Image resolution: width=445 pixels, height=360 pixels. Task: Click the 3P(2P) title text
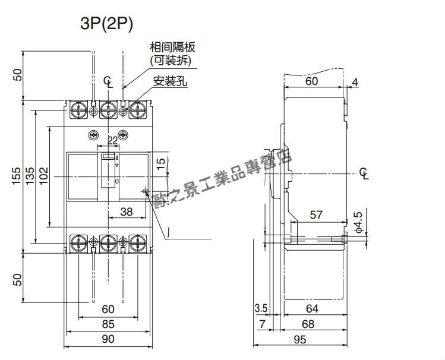point(106,24)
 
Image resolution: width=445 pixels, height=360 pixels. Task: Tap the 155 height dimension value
point(17,176)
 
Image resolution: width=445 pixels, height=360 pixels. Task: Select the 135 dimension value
point(30,176)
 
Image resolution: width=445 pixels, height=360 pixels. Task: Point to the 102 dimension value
point(43,176)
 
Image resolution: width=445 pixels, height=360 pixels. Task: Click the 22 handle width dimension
point(113,140)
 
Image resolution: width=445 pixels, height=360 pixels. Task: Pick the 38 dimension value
point(127,211)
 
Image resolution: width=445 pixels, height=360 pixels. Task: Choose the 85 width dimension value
point(108,324)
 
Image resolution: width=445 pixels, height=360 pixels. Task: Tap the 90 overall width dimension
point(108,339)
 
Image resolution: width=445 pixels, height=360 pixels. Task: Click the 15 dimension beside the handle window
point(160,164)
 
